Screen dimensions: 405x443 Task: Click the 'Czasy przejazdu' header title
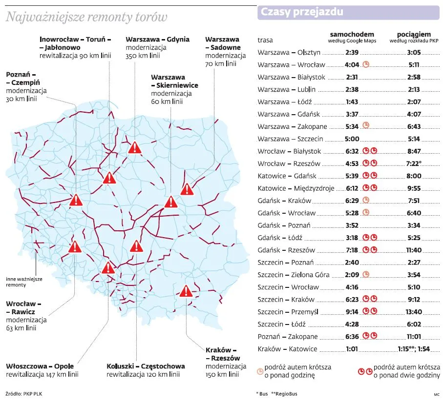(302, 12)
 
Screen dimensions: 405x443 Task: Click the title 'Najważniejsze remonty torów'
(86, 18)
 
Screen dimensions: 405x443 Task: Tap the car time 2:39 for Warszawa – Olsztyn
(352, 52)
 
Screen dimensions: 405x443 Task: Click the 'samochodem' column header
(352, 34)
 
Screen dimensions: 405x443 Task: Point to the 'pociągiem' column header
(414, 34)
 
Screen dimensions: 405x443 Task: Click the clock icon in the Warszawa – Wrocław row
(365, 64)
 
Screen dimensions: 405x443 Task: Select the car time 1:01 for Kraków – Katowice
(352, 349)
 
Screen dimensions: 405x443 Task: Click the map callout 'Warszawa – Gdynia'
(155, 40)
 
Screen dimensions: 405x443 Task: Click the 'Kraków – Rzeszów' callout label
(223, 354)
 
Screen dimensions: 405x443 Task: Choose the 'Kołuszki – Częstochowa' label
(146, 366)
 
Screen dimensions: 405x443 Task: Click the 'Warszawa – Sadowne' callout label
(223, 43)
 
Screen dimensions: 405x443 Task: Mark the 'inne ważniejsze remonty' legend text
(24, 282)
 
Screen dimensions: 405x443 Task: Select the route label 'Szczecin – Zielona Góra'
(294, 275)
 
